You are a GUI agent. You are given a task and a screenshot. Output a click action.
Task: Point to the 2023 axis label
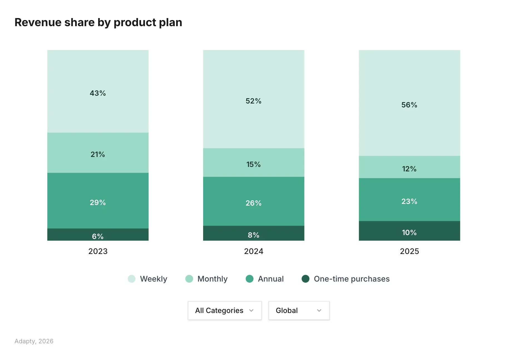pyautogui.click(x=98, y=251)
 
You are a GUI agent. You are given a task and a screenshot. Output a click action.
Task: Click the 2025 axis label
pyautogui.click(x=409, y=251)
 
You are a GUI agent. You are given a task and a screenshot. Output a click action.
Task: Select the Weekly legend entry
pyautogui.click(x=147, y=279)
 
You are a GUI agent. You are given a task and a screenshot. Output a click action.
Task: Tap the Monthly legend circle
pyautogui.click(x=189, y=279)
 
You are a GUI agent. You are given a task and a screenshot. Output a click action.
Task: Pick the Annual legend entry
pyautogui.click(x=265, y=279)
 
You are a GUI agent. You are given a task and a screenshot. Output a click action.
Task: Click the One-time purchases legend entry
pyautogui.click(x=346, y=279)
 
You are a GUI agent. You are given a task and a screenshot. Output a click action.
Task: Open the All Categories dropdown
pyautogui.click(x=225, y=310)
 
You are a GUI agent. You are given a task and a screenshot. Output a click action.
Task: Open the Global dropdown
pyautogui.click(x=299, y=310)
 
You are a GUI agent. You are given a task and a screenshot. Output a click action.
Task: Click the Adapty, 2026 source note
pyautogui.click(x=34, y=341)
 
